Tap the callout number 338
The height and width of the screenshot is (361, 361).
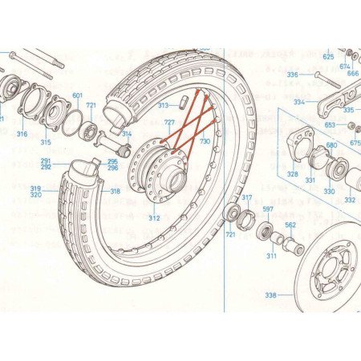pos(270,295)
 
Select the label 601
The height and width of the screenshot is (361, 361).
pos(78,96)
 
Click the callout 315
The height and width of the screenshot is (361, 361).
pos(46,142)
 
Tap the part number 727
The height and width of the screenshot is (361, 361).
pos(169,122)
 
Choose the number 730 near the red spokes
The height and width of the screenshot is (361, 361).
pos(205,141)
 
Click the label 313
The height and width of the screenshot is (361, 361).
pos(163,105)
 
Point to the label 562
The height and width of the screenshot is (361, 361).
pos(290,225)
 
